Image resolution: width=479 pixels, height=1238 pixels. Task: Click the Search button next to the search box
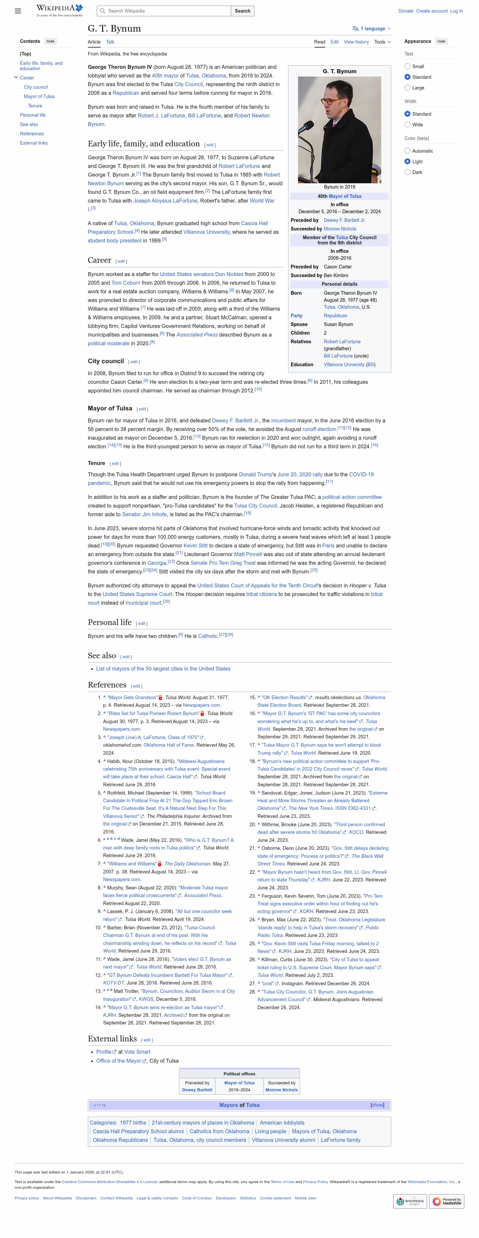point(242,11)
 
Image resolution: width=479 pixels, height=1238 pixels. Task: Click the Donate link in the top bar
point(405,11)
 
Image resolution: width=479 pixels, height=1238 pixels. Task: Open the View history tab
point(356,42)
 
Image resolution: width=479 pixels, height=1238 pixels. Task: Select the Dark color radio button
point(407,172)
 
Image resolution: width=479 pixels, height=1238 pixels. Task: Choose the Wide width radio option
point(407,124)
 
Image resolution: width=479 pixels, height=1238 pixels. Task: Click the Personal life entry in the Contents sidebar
point(33,115)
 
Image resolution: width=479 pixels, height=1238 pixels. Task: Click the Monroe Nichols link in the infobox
point(340,229)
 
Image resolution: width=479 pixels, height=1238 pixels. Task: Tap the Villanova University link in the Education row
point(344,364)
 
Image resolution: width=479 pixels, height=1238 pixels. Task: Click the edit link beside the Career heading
point(121,261)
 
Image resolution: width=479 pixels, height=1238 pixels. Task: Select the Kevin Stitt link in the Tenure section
point(196,545)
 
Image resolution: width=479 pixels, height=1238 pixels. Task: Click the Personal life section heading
point(109,622)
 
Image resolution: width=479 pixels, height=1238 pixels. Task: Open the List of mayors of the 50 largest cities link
point(163,669)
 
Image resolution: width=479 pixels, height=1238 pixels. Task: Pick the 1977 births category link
point(133,1123)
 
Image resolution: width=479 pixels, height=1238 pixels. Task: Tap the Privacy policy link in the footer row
point(26,1198)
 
